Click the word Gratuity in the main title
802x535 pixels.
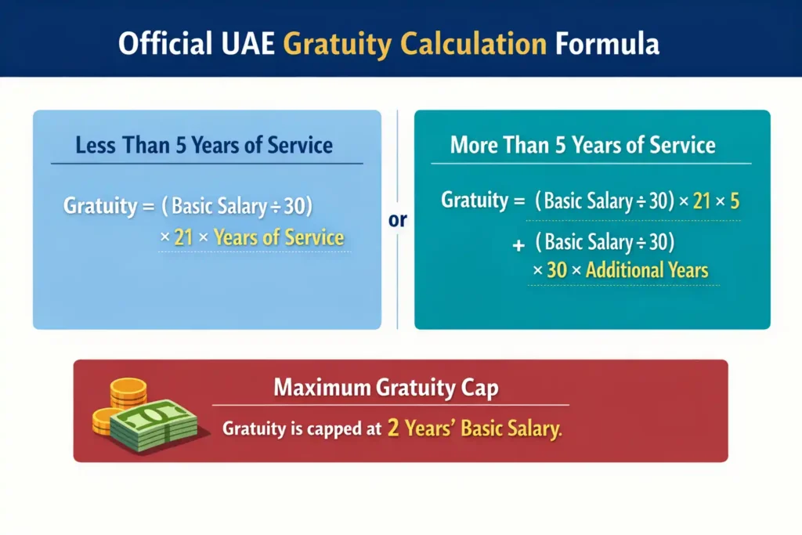(x=338, y=45)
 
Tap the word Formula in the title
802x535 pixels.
(x=607, y=44)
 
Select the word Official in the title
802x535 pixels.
(x=165, y=43)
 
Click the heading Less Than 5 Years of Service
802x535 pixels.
(x=204, y=145)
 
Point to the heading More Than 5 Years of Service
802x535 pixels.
(x=583, y=145)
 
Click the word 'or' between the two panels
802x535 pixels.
(x=397, y=220)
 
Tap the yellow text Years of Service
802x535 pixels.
(x=279, y=237)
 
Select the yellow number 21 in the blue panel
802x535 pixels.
(x=183, y=237)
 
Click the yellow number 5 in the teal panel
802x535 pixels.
(x=735, y=201)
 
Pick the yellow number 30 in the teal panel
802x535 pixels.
(x=557, y=270)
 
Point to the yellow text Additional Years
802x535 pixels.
(x=647, y=270)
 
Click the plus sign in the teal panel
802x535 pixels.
(x=518, y=245)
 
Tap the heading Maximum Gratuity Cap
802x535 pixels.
(x=386, y=387)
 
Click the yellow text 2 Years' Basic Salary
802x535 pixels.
(x=475, y=428)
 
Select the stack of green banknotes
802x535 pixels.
(x=154, y=425)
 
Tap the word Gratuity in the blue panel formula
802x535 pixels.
(x=100, y=206)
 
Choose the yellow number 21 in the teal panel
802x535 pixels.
(x=702, y=201)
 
